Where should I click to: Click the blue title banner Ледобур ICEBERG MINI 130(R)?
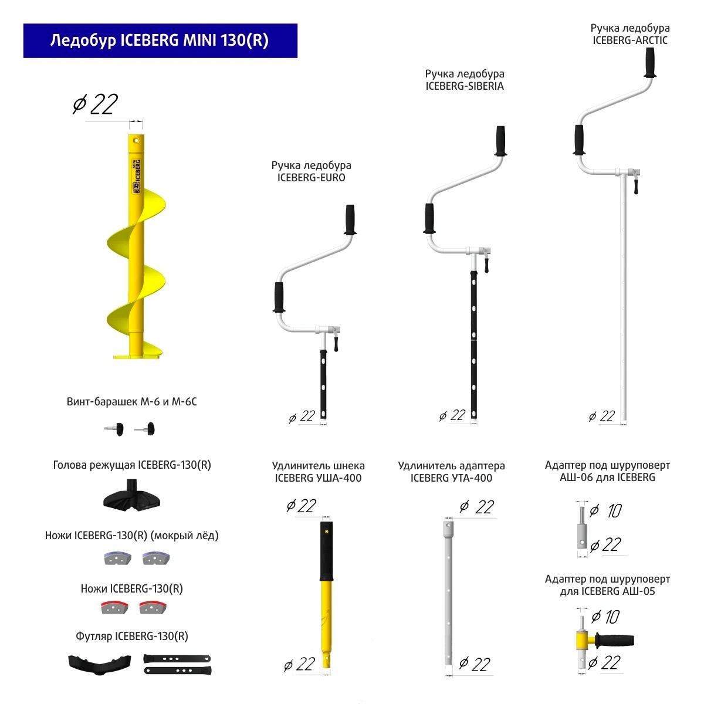[x=160, y=40]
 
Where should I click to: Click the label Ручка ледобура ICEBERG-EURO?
[x=311, y=171]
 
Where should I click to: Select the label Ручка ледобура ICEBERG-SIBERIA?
[x=465, y=80]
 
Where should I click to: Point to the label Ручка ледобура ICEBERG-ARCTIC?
[x=629, y=34]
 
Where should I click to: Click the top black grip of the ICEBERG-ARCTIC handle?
[x=649, y=62]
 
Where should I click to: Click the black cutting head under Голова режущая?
[x=131, y=496]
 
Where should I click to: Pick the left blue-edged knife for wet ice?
[x=117, y=557]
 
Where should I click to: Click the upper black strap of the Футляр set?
[x=177, y=659]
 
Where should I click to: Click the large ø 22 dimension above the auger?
[x=95, y=104]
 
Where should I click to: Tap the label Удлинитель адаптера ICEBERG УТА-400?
[x=451, y=472]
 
